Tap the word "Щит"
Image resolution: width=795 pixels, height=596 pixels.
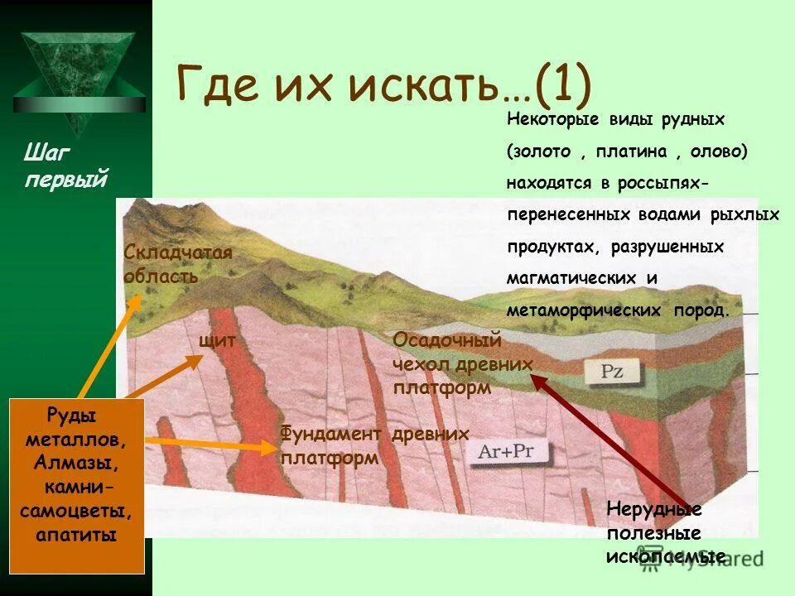[218, 340]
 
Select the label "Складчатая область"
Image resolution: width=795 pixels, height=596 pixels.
[177, 264]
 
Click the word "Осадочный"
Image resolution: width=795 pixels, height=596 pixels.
[447, 340]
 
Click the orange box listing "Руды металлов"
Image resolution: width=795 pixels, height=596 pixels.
[76, 473]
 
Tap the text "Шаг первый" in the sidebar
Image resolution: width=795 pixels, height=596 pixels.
[65, 166]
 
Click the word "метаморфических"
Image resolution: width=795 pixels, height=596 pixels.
[583, 310]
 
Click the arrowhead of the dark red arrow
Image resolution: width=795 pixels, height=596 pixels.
[535, 380]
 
